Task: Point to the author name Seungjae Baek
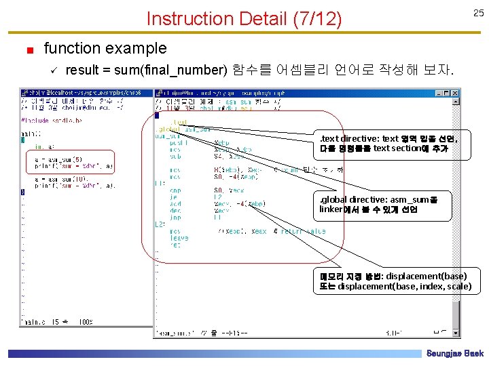coord(454,354)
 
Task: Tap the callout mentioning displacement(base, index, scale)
coord(395,281)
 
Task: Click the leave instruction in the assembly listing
coord(179,238)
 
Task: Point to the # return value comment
coord(299,231)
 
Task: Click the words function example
coord(105,48)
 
